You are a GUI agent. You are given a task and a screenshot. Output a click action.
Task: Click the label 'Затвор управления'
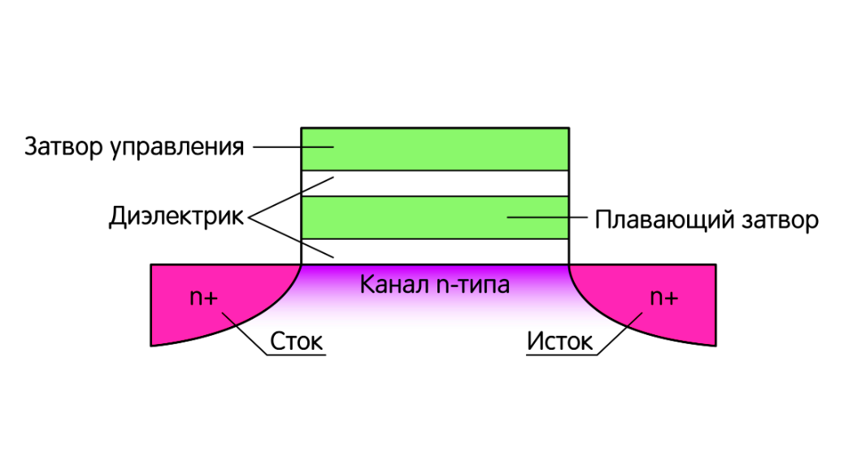point(134,147)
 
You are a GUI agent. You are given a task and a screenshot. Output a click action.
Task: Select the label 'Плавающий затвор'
point(706,220)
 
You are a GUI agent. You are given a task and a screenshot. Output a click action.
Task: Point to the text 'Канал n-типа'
point(434,286)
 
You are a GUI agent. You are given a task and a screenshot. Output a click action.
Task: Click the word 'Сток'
point(297,342)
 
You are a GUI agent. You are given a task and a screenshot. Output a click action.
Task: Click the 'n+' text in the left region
point(203,297)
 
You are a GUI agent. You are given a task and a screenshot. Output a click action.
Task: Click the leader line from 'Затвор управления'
point(293,147)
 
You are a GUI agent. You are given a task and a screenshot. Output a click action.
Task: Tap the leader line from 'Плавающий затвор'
point(545,217)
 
